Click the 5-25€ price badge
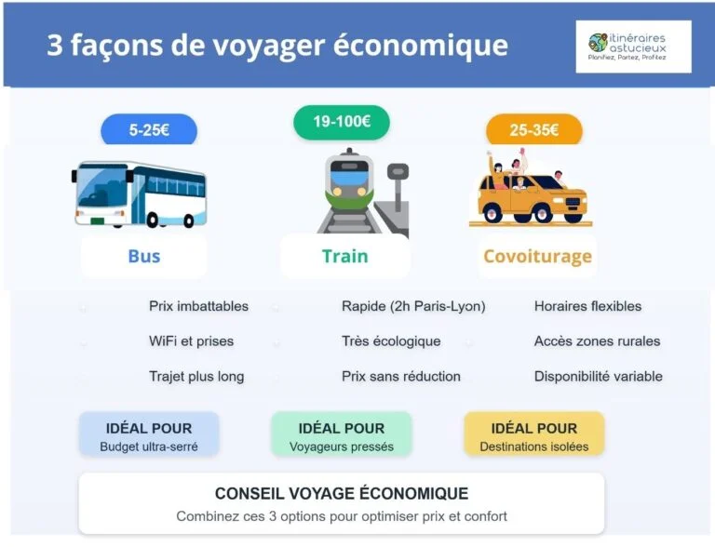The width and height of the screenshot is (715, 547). (x=149, y=130)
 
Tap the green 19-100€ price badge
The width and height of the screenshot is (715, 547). (x=342, y=122)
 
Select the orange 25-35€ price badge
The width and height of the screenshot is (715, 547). (x=533, y=130)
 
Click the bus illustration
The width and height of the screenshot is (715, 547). (x=140, y=194)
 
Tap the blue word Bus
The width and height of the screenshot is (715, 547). (x=144, y=256)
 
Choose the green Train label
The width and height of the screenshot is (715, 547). (x=345, y=256)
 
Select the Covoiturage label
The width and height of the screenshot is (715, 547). (x=537, y=256)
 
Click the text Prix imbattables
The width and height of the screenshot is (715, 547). (x=198, y=306)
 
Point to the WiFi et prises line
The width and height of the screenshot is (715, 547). (x=191, y=341)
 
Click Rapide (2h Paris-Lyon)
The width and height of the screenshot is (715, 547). (x=413, y=306)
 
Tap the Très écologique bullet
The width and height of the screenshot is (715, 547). (x=391, y=341)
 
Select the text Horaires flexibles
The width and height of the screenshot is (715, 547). (x=587, y=306)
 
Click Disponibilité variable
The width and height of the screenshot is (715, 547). (x=598, y=377)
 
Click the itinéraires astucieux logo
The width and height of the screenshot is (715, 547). (x=634, y=47)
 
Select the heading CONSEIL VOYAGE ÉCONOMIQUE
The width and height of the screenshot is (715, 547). (x=342, y=493)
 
